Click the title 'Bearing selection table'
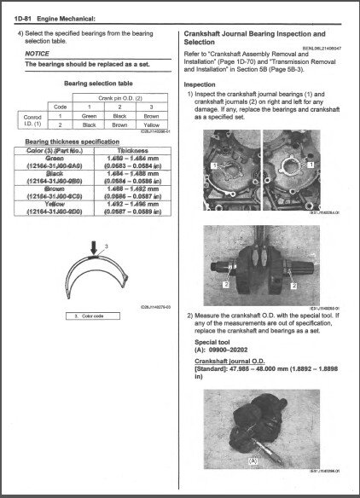point(92,84)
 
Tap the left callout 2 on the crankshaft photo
point(224,280)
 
